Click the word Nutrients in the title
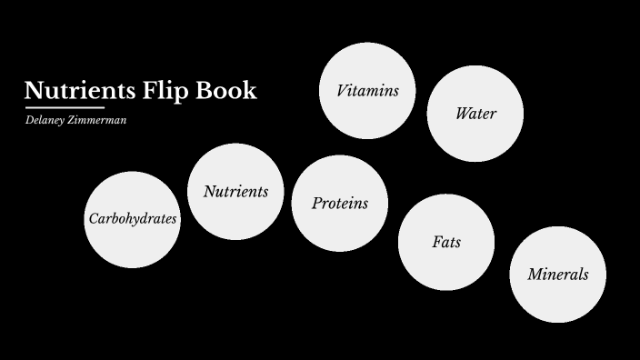[x=79, y=91]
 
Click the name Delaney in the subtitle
[x=46, y=120]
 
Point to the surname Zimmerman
[x=100, y=120]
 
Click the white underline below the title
[x=65, y=107]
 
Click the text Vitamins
[x=367, y=91]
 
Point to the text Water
[x=475, y=114]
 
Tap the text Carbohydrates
[x=133, y=219]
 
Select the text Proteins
[x=340, y=204]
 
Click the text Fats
[x=446, y=243]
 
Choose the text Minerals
[x=557, y=275]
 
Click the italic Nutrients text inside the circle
[x=235, y=192]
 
